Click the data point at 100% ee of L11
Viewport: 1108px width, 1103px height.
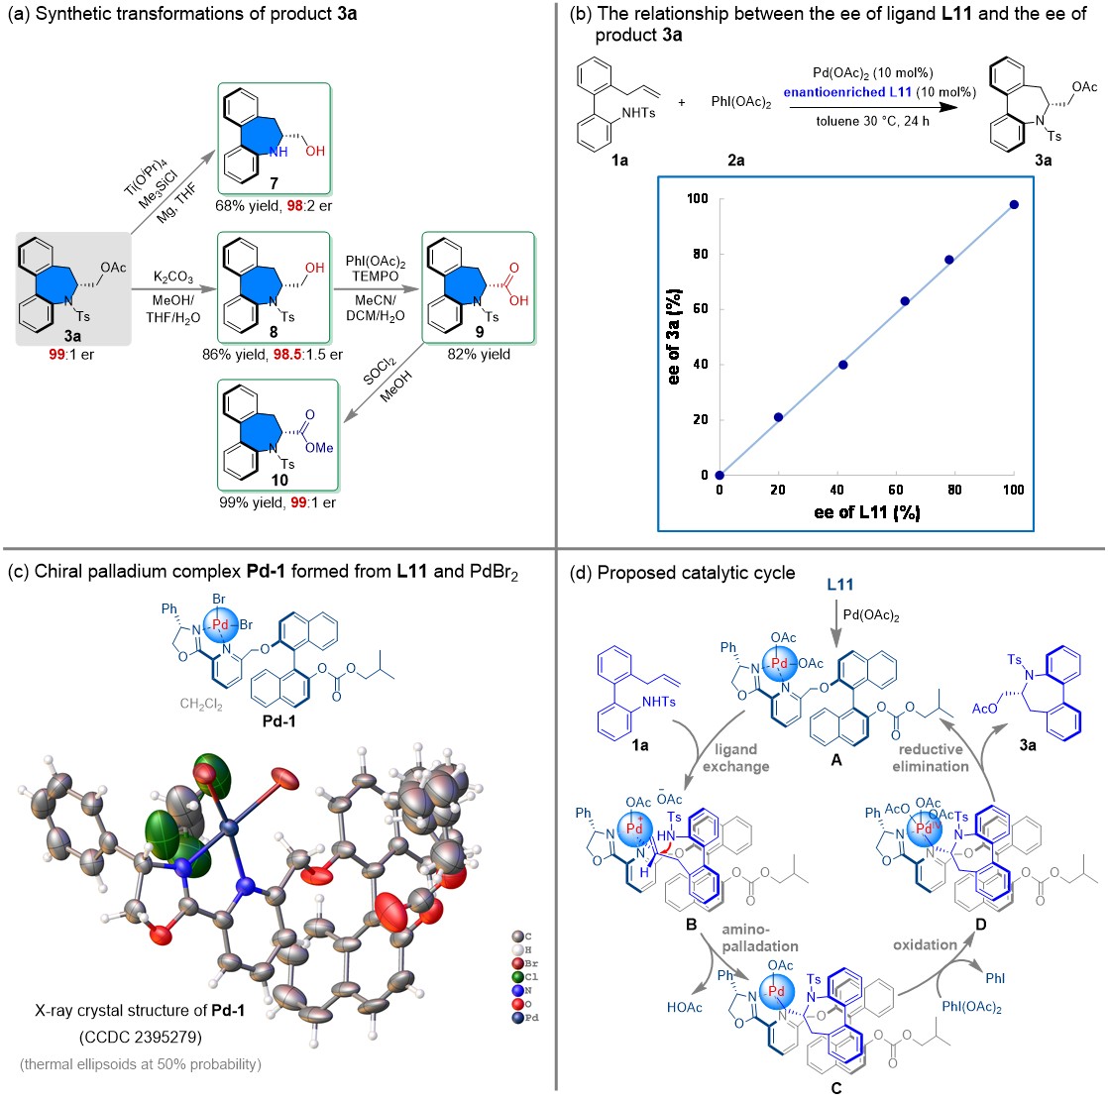1014,204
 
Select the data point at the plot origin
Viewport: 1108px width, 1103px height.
720,475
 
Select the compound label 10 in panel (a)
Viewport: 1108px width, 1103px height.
279,480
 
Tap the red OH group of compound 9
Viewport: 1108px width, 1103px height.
520,301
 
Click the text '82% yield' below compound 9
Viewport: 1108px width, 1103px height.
478,354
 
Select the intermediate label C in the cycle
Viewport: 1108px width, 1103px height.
836,1087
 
